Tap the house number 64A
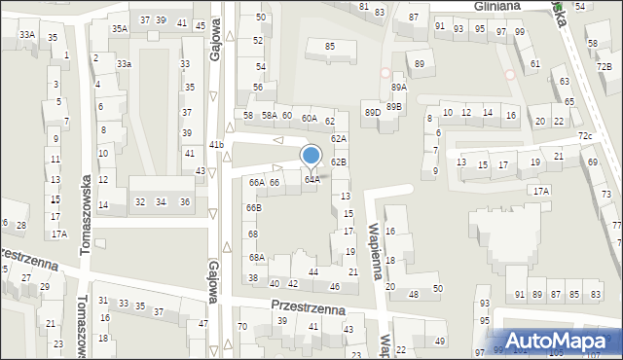[311, 179]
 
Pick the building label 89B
[393, 106]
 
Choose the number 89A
[398, 88]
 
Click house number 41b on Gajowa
[216, 145]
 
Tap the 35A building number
[119, 29]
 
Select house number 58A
[269, 116]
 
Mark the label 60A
[309, 119]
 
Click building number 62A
[338, 139]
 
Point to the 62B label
[338, 162]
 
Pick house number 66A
[256, 182]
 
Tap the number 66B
[253, 207]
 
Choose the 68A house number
[256, 258]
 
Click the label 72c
[585, 136]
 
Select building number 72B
[605, 66]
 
